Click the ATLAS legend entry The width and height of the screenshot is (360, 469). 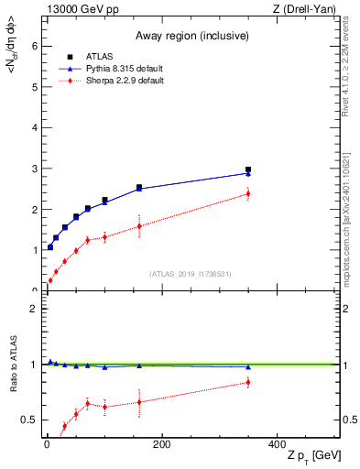click(x=99, y=58)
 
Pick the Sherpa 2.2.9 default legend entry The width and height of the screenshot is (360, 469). click(x=115, y=81)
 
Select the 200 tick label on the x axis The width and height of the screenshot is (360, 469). click(x=161, y=444)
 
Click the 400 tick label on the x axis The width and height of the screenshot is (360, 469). click(x=276, y=444)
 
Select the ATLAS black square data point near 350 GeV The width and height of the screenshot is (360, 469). click(x=247, y=169)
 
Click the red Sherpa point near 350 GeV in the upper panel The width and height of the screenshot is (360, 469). click(x=247, y=193)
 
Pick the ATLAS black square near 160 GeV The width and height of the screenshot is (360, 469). click(x=139, y=188)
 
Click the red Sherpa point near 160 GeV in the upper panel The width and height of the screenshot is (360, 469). click(x=139, y=225)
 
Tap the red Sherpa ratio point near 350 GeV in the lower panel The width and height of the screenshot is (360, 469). click(x=247, y=382)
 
